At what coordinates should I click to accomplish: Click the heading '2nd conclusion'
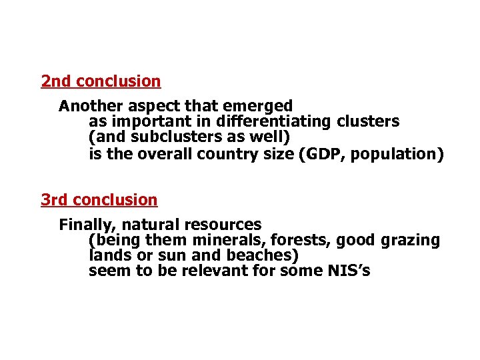click(x=101, y=81)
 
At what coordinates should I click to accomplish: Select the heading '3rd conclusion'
click(x=99, y=200)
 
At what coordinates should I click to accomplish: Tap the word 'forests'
click(x=300, y=241)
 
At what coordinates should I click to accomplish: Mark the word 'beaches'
click(x=264, y=256)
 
